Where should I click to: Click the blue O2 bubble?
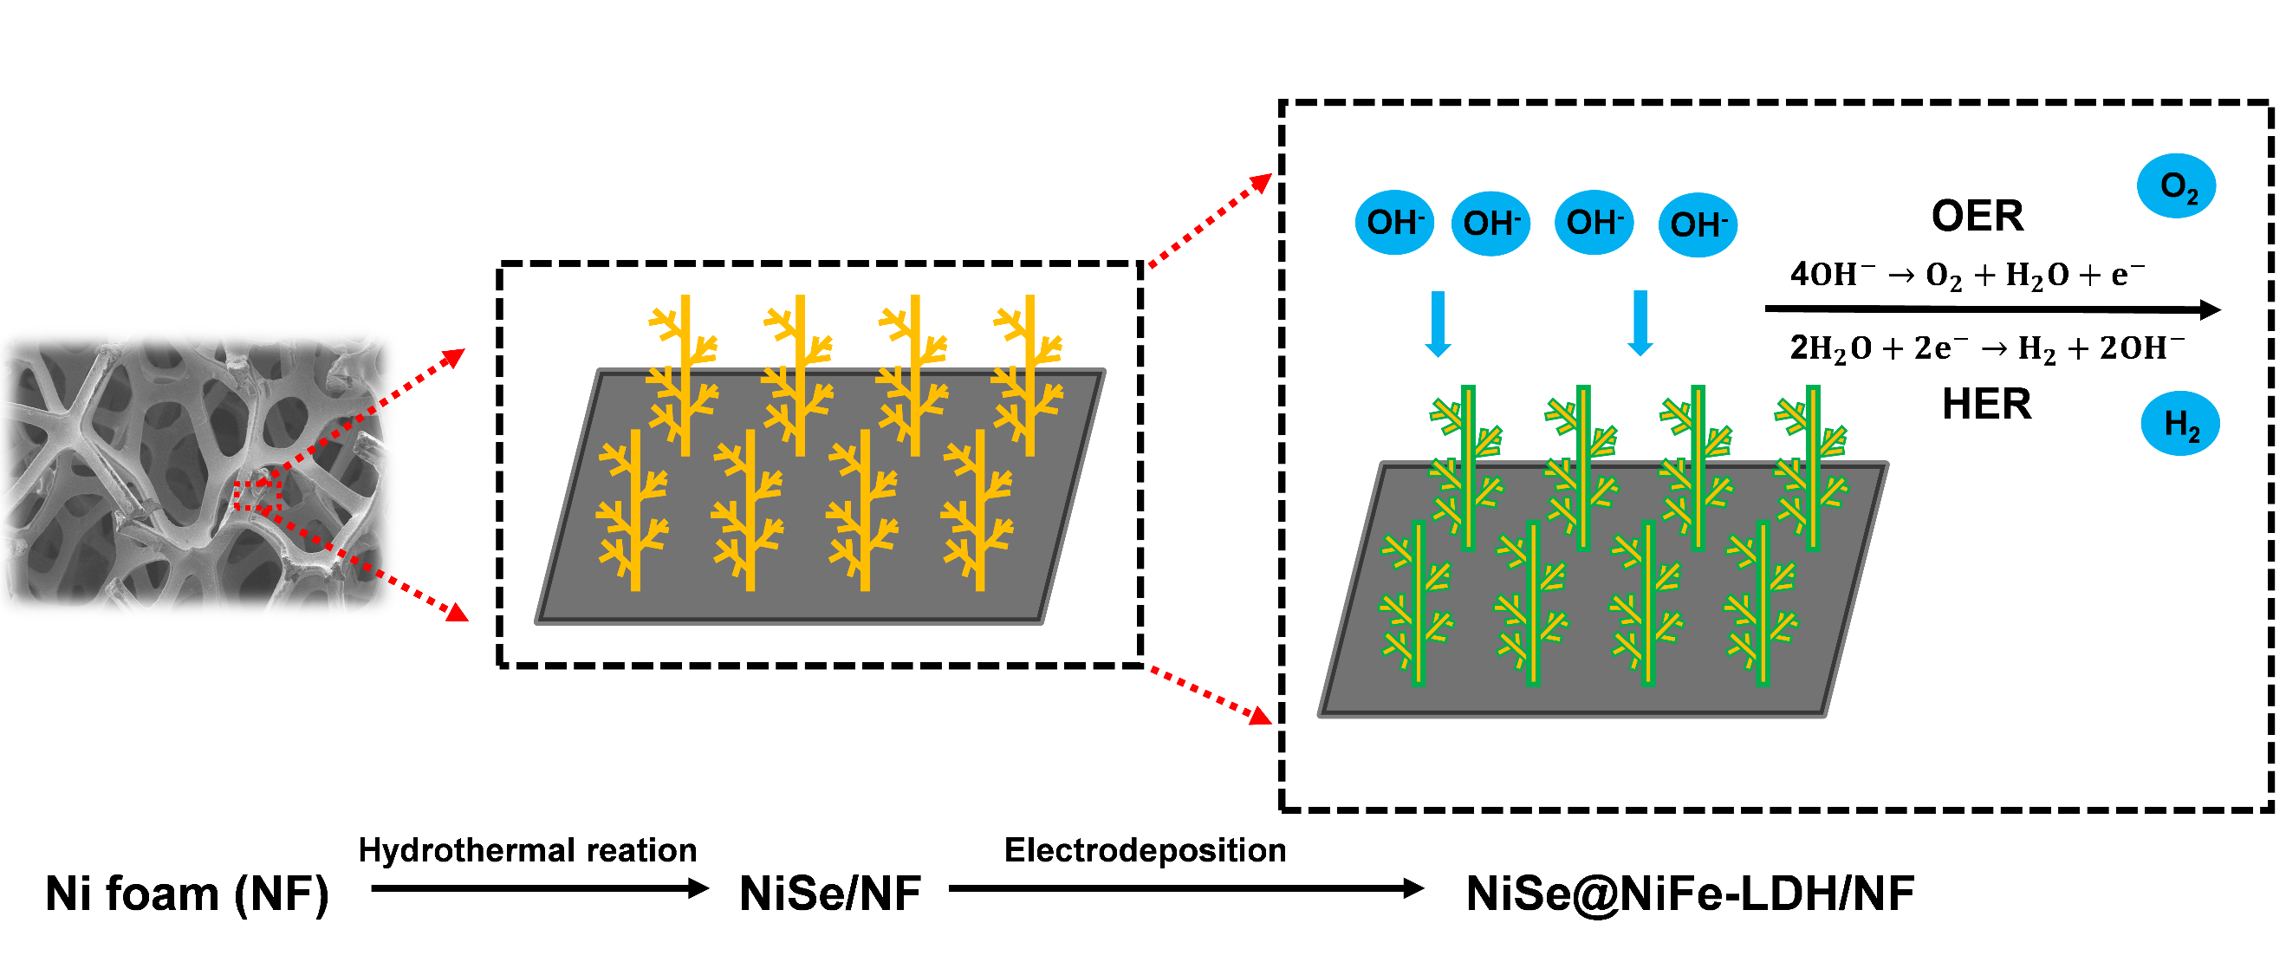pyautogui.click(x=2176, y=186)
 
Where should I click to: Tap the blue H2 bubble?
pyautogui.click(x=2179, y=424)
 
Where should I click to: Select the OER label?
pyautogui.click(x=1978, y=216)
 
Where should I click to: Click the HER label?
pyautogui.click(x=1986, y=405)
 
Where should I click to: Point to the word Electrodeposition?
pyautogui.click(x=1145, y=850)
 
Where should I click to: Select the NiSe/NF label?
pyautogui.click(x=830, y=894)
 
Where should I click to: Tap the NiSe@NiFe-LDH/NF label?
pyautogui.click(x=1690, y=894)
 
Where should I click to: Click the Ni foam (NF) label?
pyautogui.click(x=186, y=894)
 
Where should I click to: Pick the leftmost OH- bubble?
pyautogui.click(x=1394, y=223)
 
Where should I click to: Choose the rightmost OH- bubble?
pyautogui.click(x=1698, y=224)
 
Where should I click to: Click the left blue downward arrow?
pyautogui.click(x=1438, y=325)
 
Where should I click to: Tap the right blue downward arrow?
pyautogui.click(x=1640, y=324)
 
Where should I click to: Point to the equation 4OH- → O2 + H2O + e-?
pyautogui.click(x=1966, y=274)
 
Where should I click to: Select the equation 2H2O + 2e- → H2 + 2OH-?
pyautogui.click(x=1986, y=348)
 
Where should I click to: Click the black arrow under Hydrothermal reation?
pyautogui.click(x=540, y=888)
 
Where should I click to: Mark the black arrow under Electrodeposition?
pyautogui.click(x=1185, y=888)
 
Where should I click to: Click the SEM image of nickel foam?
pyautogui.click(x=195, y=475)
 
